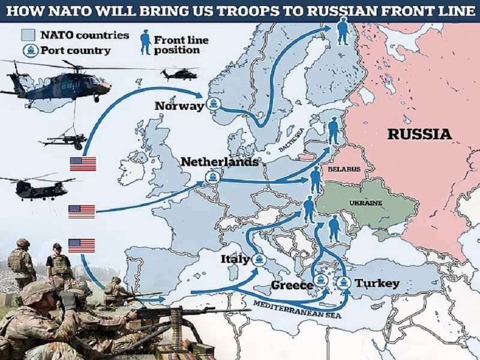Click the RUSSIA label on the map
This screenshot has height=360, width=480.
(419, 133)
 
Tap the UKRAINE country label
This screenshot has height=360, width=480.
(365, 203)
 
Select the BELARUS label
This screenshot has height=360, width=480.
(344, 170)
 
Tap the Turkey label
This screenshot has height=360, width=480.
(377, 283)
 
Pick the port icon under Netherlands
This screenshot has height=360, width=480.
(211, 177)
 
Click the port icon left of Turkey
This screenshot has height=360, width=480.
(344, 282)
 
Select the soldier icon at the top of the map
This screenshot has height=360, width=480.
(342, 31)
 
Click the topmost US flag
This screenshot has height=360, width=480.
(83, 163)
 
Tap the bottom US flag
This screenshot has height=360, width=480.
(82, 245)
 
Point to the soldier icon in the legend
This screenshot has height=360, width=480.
(145, 42)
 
